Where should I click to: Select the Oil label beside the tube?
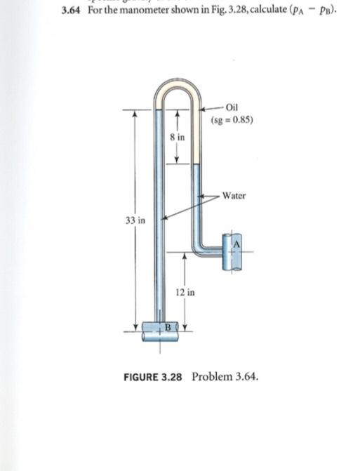234,107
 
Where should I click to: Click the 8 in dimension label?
178,137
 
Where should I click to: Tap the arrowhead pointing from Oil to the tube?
204,109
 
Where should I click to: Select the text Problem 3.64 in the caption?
225,377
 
